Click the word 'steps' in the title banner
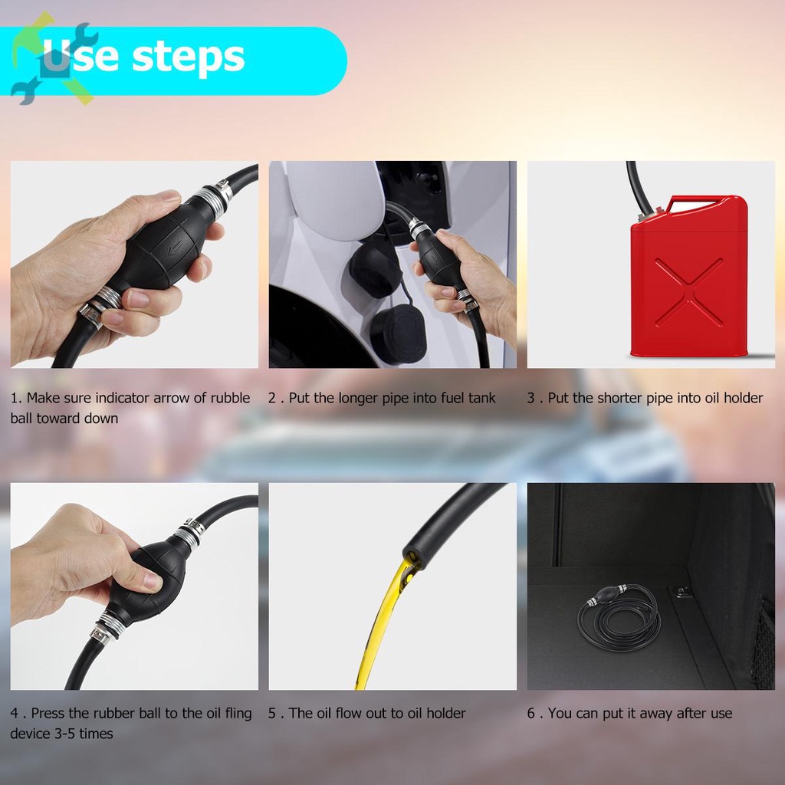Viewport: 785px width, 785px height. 189,58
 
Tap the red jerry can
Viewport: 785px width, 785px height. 689,276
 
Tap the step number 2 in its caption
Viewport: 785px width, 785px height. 272,398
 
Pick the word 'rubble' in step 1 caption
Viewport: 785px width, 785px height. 230,398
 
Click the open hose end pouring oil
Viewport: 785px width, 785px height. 412,557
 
